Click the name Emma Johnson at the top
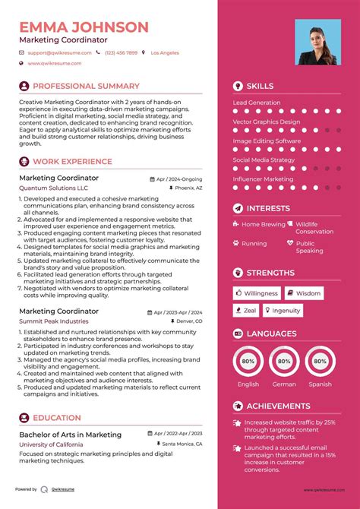point(84,27)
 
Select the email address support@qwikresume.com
point(60,53)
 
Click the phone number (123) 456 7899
point(122,53)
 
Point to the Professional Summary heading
point(86,87)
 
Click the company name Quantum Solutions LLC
point(53,188)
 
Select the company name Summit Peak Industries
point(54,321)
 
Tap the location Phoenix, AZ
point(188,188)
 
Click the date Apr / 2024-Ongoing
point(179,179)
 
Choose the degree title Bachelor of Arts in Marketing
point(70,434)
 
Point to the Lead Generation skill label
point(256,103)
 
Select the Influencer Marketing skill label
point(263,179)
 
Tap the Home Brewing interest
point(264,225)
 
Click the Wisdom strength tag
point(308,293)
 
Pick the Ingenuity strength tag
point(286,310)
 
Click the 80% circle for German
point(284,362)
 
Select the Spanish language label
point(320,384)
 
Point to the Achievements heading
point(278,406)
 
